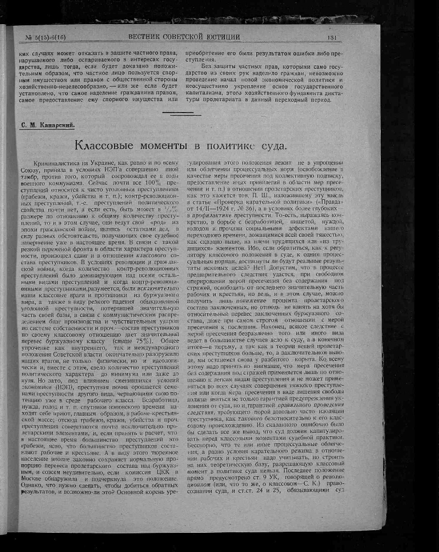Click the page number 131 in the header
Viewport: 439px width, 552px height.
(331, 37)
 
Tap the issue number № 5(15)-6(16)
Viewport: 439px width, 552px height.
(46, 37)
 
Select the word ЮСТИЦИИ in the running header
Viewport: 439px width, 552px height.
(216, 37)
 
